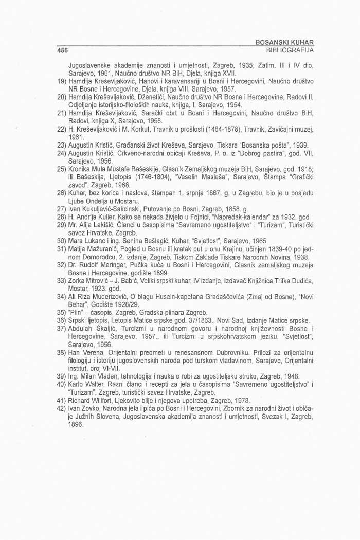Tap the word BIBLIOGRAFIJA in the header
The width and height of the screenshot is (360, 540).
[289, 50]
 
